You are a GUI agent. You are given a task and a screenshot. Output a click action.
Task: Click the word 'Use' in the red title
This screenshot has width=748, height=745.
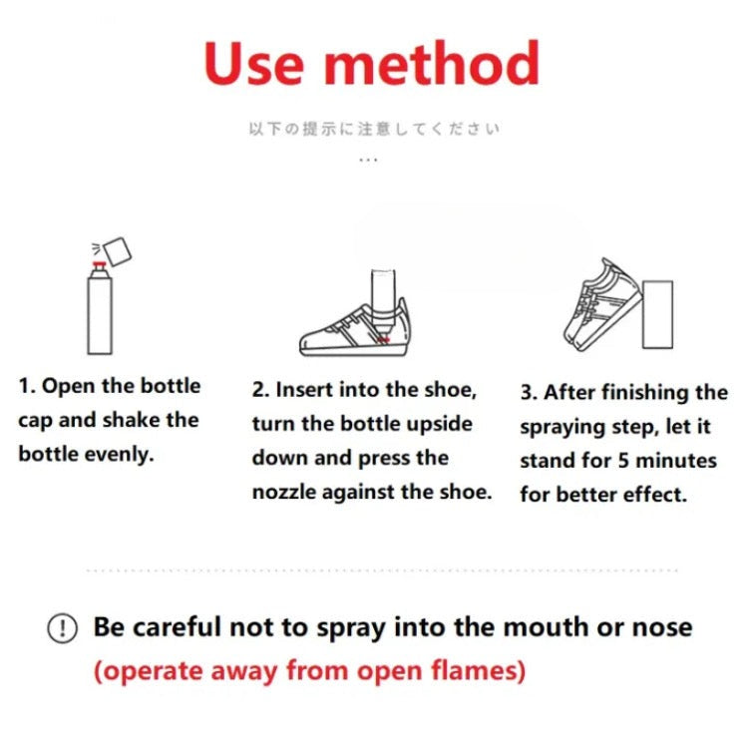[253, 64]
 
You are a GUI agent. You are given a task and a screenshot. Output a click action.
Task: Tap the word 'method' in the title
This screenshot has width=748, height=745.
[432, 63]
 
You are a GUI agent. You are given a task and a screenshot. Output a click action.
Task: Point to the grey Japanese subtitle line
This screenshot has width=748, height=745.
[374, 129]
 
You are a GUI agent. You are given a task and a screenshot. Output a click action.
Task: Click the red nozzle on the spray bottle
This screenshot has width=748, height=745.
[99, 263]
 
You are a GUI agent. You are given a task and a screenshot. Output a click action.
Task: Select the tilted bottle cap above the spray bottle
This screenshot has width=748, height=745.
[118, 251]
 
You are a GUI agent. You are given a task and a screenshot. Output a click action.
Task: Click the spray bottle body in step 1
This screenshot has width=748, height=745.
[100, 311]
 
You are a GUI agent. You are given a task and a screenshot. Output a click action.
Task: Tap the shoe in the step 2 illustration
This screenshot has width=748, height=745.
[354, 328]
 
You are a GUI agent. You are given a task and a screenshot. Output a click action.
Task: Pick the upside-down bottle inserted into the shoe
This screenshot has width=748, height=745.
[383, 301]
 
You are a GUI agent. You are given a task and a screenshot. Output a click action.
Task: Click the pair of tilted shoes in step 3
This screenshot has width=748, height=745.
[602, 305]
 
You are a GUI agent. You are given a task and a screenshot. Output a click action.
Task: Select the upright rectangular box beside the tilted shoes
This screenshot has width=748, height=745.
[658, 314]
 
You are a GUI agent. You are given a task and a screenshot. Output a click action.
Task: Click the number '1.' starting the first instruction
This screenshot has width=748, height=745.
[27, 386]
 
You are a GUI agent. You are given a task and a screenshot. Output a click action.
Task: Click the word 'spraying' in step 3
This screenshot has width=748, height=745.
[562, 427]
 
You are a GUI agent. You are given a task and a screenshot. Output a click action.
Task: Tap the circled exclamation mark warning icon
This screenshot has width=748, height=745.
[62, 627]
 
